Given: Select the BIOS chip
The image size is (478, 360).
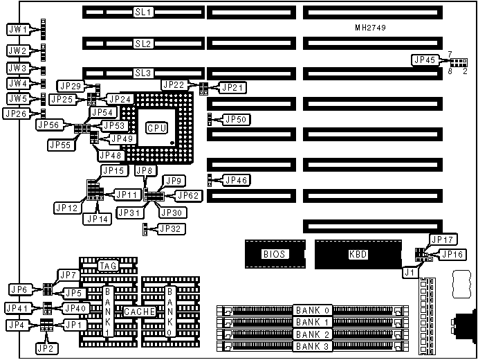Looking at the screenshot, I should coord(274,254).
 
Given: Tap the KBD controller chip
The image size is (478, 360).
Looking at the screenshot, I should coord(358,254).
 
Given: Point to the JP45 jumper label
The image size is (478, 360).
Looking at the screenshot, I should coord(424,60).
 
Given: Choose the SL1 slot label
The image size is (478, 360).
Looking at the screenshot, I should coord(143,13).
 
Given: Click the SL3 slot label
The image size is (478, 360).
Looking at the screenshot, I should coord(143,73).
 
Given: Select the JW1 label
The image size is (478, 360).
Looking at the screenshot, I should coord(17,30).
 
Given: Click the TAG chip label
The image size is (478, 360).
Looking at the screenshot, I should coord(107,266).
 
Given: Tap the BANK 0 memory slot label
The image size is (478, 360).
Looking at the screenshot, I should coord(313,309).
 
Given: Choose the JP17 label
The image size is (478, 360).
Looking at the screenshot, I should coord(442,240).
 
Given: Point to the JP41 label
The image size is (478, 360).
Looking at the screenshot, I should coord(17,307).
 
